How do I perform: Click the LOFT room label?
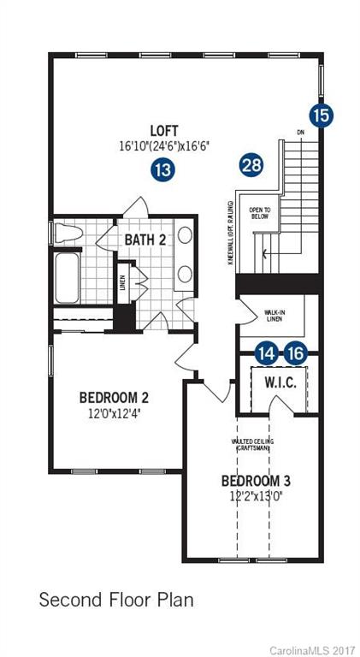pos(164,131)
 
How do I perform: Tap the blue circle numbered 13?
pos(162,169)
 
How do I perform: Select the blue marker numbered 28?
pos(251,164)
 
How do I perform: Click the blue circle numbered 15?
pos(321,115)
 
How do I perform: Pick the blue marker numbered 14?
pos(267,352)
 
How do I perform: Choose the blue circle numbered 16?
pos(295,352)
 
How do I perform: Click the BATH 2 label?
pos(145,240)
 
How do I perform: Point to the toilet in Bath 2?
pos(71,234)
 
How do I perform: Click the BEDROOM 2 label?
pos(115,398)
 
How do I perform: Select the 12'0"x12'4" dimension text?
pos(115,414)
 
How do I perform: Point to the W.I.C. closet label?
pos(280,382)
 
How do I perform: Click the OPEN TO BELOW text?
pos(259,213)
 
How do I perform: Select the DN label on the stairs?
pos(299,133)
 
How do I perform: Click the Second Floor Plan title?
pos(116,600)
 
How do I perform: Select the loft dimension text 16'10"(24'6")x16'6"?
pos(164,146)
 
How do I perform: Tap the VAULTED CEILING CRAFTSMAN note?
pos(251,445)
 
